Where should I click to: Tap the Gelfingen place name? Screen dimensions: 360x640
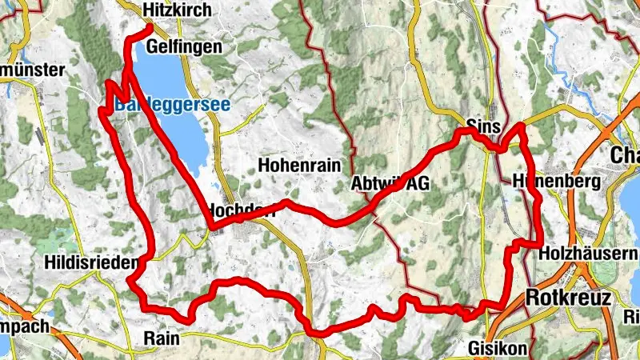pyautogui.click(x=183, y=48)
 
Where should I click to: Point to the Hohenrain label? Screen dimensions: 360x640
pyautogui.click(x=300, y=166)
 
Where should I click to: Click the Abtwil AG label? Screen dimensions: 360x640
pyautogui.click(x=390, y=184)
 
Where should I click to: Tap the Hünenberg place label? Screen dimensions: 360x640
pyautogui.click(x=558, y=182)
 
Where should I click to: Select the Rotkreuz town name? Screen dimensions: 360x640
pyautogui.click(x=569, y=298)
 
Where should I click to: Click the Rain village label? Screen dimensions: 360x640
pyautogui.click(x=162, y=338)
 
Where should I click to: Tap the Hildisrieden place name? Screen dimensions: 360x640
pyautogui.click(x=92, y=262)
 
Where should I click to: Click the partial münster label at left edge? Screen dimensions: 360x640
pyautogui.click(x=32, y=70)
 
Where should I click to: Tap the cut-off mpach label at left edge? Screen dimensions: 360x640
pyautogui.click(x=24, y=326)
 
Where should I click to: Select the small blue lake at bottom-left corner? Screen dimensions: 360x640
pyautogui.click(x=4, y=344)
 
